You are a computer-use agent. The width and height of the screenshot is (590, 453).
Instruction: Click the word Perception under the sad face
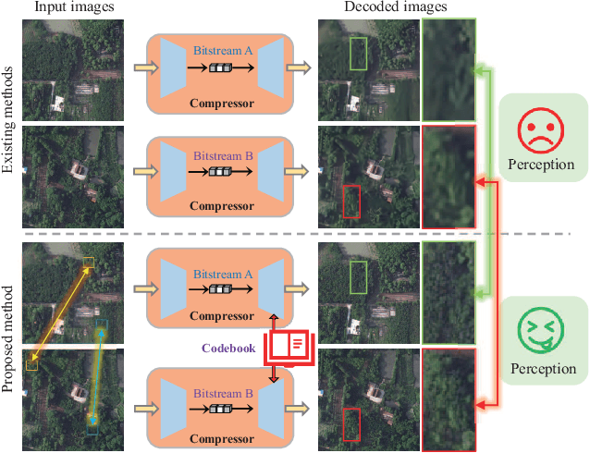tap(541, 165)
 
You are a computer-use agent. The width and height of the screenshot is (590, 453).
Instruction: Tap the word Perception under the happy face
tap(541, 370)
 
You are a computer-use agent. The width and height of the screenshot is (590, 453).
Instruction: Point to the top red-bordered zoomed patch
tap(449, 177)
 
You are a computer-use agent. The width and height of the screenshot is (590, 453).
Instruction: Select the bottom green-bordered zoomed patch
tap(449, 292)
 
